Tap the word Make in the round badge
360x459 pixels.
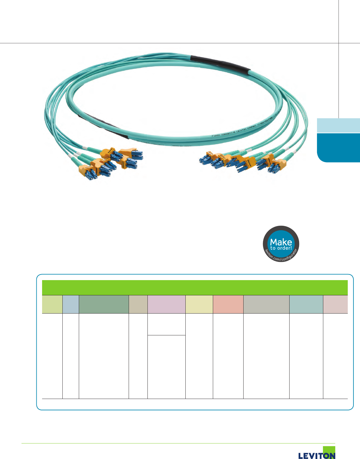281,242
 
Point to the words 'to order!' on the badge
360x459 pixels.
281,248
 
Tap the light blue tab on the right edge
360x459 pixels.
338,125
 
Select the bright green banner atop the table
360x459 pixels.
195,287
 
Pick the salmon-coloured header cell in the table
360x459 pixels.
228,304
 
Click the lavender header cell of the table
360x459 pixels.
166,304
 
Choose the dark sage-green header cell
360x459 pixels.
104,304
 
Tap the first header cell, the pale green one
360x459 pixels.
52,304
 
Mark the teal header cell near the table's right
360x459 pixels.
306,304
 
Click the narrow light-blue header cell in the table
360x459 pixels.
70,304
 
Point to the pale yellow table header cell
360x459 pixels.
199,304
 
